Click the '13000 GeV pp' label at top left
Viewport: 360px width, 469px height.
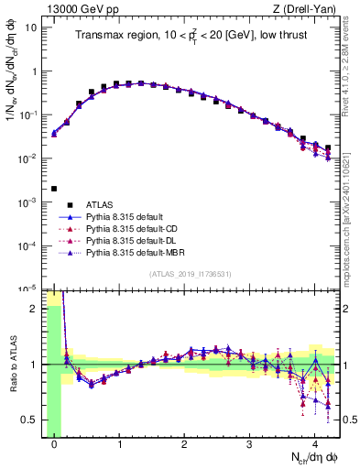74,8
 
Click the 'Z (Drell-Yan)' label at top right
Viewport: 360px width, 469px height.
307,8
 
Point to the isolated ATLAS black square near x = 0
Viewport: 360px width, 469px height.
54,189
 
